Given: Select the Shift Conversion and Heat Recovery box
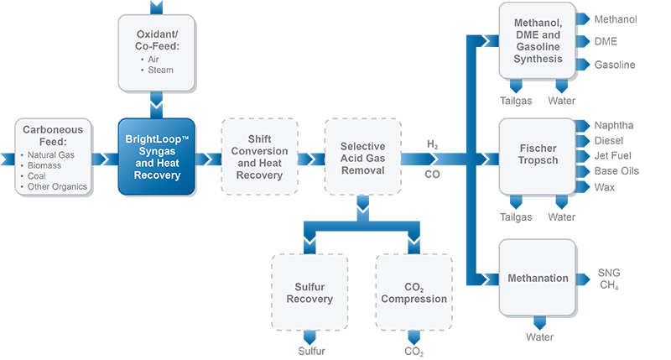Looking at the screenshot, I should click(259, 158).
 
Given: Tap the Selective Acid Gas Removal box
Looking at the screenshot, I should click(362, 158).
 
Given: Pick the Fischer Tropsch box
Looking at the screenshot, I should click(538, 155).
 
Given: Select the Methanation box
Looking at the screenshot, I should click(538, 278).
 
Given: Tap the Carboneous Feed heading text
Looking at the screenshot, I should click(52, 137).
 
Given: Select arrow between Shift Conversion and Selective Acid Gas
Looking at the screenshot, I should click(311, 158).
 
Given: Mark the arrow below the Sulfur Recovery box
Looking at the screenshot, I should click(309, 338).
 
